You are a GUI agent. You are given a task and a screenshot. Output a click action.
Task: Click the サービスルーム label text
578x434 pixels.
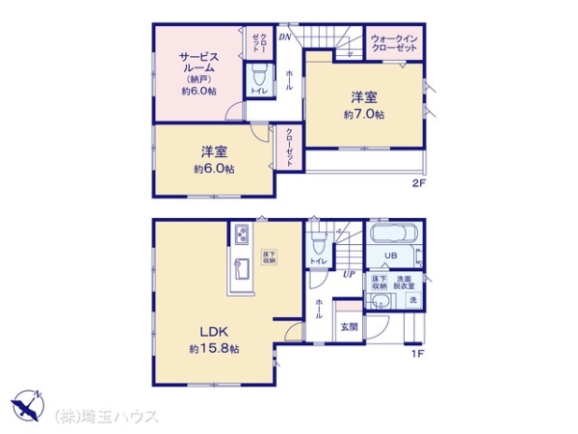pyautogui.click(x=198, y=64)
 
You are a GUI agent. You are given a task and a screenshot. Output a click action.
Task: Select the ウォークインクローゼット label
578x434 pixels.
pyautogui.click(x=394, y=42)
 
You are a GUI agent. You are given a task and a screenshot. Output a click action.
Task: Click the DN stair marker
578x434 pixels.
pyautogui.click(x=285, y=38)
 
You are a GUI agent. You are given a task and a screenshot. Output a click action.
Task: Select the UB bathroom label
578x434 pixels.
pyautogui.click(x=391, y=256)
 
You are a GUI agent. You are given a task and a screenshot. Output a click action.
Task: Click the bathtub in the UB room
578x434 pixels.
pyautogui.click(x=391, y=235)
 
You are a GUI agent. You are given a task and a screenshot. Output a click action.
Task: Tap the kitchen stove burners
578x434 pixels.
pyautogui.click(x=240, y=234)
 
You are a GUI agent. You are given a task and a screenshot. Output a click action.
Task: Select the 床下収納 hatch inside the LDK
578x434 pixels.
pyautogui.click(x=268, y=257)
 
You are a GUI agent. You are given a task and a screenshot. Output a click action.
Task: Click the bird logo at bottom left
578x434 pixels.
pyautogui.click(x=26, y=405)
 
